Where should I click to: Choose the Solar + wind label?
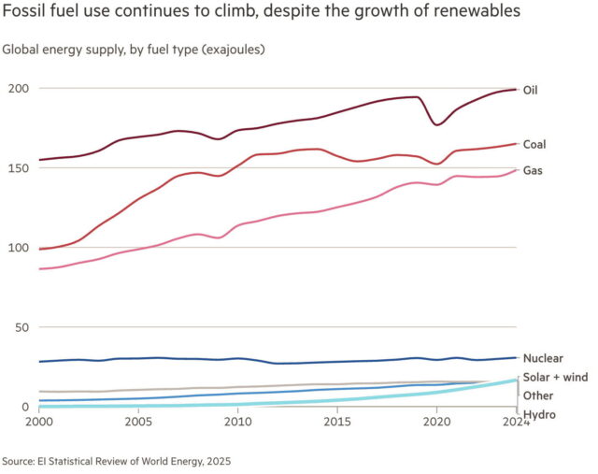[556, 377]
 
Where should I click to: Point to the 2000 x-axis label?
[38, 422]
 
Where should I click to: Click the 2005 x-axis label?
[138, 422]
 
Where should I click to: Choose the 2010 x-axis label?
[238, 422]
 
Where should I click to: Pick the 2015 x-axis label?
[337, 422]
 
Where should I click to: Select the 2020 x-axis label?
[437, 422]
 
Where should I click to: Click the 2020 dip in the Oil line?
[437, 124]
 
